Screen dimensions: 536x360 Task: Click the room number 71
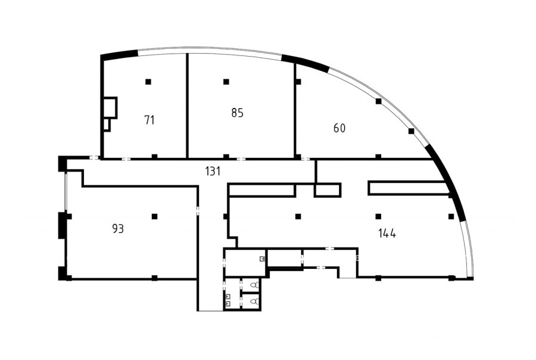click(x=149, y=120)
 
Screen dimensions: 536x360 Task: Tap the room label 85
click(x=237, y=113)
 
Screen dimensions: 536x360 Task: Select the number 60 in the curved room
click(x=339, y=128)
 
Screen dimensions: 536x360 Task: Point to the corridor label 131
click(x=213, y=171)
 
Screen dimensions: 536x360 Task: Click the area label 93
click(x=118, y=229)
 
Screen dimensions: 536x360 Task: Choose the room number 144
click(x=387, y=234)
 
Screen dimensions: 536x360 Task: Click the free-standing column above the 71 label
click(x=148, y=82)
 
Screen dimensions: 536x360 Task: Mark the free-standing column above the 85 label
click(x=226, y=82)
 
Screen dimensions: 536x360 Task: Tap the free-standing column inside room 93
click(x=154, y=216)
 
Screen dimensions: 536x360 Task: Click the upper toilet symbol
click(x=254, y=285)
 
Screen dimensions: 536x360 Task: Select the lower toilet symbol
click(x=254, y=302)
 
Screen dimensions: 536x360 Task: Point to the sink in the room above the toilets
click(x=262, y=259)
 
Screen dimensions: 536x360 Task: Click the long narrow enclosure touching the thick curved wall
click(x=409, y=188)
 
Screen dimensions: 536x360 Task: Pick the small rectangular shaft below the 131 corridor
click(x=328, y=190)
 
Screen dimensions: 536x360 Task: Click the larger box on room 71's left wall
click(x=110, y=108)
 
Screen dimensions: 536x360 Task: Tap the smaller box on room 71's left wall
click(x=107, y=125)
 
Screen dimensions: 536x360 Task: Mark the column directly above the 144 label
click(x=378, y=216)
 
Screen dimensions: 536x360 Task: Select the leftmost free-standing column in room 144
click(x=298, y=216)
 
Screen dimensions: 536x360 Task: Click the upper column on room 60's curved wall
click(x=378, y=101)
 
